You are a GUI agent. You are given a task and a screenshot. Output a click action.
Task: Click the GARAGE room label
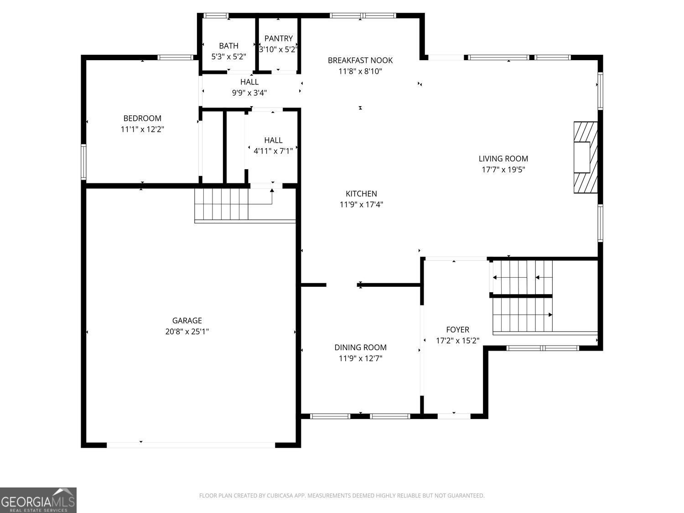[x=187, y=321]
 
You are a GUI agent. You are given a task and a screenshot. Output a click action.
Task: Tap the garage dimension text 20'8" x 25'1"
[x=187, y=332]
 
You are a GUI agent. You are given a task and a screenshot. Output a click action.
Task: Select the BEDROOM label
[x=142, y=118]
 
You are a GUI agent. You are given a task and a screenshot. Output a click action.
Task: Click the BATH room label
[x=228, y=46]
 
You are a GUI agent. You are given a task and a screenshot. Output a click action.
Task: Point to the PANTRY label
[x=278, y=38]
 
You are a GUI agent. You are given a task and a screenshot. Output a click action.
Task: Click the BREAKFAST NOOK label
[x=360, y=60]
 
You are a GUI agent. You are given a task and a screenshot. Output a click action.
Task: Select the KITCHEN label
[x=361, y=193]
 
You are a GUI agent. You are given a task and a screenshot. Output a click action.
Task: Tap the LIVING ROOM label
[x=503, y=159]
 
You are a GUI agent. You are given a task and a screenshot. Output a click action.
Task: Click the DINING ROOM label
[x=360, y=347]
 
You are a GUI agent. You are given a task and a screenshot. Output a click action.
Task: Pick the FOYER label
[x=457, y=330]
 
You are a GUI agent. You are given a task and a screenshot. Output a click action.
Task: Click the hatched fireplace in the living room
[x=586, y=157]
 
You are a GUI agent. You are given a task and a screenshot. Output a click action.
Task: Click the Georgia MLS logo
[x=38, y=500]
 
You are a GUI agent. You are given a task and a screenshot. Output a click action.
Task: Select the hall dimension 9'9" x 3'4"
[x=249, y=93]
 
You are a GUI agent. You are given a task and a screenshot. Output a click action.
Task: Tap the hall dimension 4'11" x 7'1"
[x=273, y=151]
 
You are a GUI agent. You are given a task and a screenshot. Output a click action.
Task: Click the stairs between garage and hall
[x=222, y=204]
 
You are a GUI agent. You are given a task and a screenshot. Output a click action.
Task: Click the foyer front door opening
[x=454, y=416]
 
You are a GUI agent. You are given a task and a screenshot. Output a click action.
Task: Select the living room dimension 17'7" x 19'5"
[x=503, y=170]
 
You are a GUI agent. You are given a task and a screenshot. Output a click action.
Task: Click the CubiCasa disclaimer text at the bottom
[x=342, y=496]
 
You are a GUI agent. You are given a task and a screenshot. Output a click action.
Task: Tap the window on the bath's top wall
[x=216, y=16]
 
